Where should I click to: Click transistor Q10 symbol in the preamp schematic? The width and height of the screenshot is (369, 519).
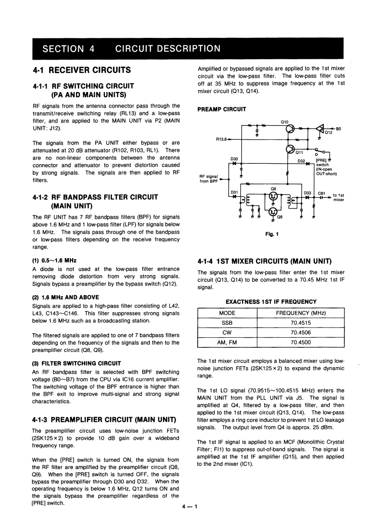tap(290, 129)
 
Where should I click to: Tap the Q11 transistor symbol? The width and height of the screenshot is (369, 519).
tap(290, 149)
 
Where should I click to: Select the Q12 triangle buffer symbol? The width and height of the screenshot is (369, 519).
tap(319, 128)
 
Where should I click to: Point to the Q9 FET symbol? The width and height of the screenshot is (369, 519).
tap(274, 212)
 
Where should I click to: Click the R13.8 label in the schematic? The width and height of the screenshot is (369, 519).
tap(223, 138)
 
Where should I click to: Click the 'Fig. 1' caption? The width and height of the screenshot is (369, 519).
tap(272, 234)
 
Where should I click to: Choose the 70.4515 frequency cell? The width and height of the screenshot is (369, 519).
tap(300, 322)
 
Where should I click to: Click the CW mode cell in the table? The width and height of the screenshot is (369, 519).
tap(227, 333)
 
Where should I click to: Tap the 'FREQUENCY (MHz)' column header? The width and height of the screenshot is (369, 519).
tap(300, 313)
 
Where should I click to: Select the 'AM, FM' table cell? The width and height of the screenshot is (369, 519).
tap(227, 343)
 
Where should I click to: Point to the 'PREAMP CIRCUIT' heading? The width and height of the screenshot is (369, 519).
tap(222, 110)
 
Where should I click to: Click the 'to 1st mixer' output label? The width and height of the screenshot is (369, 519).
tap(338, 198)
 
